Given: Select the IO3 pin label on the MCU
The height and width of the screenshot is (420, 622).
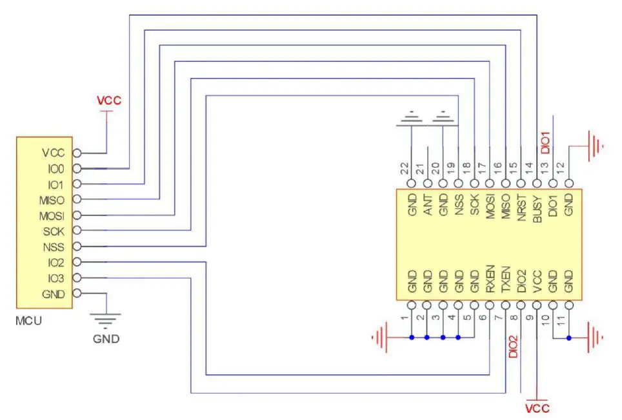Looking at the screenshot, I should (56, 278).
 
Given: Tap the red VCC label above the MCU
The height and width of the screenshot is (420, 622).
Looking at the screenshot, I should (108, 101).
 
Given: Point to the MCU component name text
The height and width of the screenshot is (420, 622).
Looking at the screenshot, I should (29, 319).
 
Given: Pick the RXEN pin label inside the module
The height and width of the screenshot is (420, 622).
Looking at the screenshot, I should (490, 279).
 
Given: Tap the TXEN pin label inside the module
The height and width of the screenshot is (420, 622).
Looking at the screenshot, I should (506, 279).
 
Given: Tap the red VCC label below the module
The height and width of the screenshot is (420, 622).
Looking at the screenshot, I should (537, 408).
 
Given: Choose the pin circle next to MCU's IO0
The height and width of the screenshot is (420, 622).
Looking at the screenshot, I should (77, 169).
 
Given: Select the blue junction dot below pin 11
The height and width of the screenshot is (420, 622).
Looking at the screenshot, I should (568, 337).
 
